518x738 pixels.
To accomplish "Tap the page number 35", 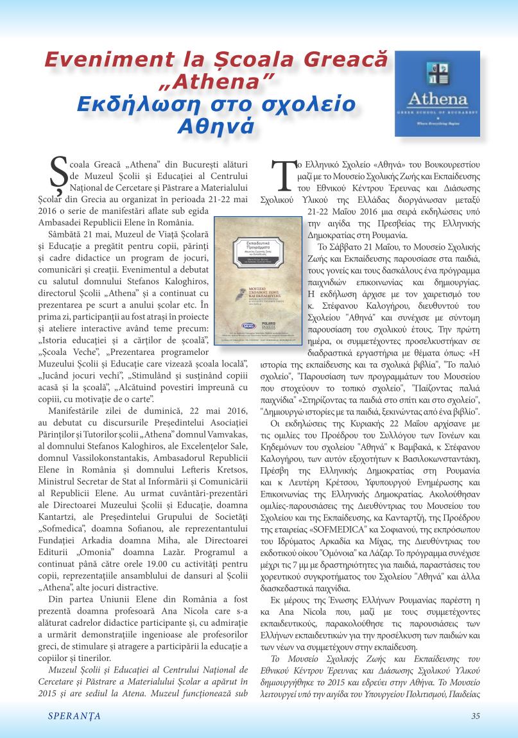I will (475, 716).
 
